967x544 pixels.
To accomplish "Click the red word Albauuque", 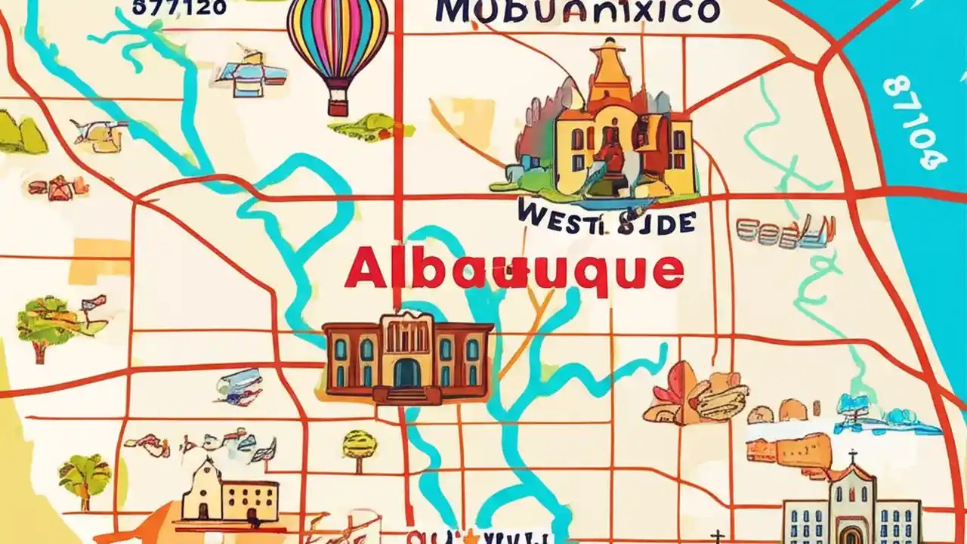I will click(x=514, y=270).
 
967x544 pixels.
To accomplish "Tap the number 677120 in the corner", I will click(x=179, y=7).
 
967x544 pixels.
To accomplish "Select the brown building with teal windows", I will click(x=408, y=355).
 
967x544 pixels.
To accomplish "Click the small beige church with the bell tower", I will click(x=227, y=495).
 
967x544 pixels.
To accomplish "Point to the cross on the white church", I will click(x=853, y=457).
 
